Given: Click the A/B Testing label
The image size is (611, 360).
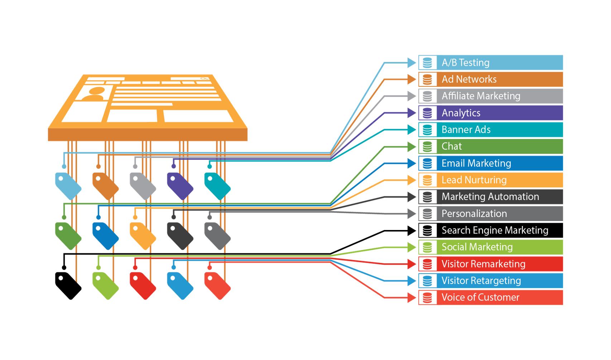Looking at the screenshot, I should (x=465, y=63).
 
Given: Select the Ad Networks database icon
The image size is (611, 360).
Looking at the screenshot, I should (x=427, y=80).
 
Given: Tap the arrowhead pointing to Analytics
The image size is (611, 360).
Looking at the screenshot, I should (x=412, y=113).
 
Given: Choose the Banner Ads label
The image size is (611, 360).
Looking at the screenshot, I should (x=466, y=130).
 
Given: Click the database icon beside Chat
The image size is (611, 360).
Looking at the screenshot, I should (x=427, y=147).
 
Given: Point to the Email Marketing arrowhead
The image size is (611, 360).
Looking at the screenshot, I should (x=412, y=163).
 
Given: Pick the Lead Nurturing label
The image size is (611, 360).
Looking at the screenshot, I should (x=474, y=180).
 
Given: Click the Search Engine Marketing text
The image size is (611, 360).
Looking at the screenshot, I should (x=495, y=230).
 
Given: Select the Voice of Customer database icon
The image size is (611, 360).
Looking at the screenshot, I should (x=427, y=298).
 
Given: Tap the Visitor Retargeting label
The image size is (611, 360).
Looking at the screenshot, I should (x=481, y=281).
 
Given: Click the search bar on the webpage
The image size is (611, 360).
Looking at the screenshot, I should (x=190, y=78).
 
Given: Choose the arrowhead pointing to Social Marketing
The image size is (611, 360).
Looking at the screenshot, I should (x=412, y=247).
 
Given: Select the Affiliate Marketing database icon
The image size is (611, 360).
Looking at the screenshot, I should (x=427, y=96).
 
